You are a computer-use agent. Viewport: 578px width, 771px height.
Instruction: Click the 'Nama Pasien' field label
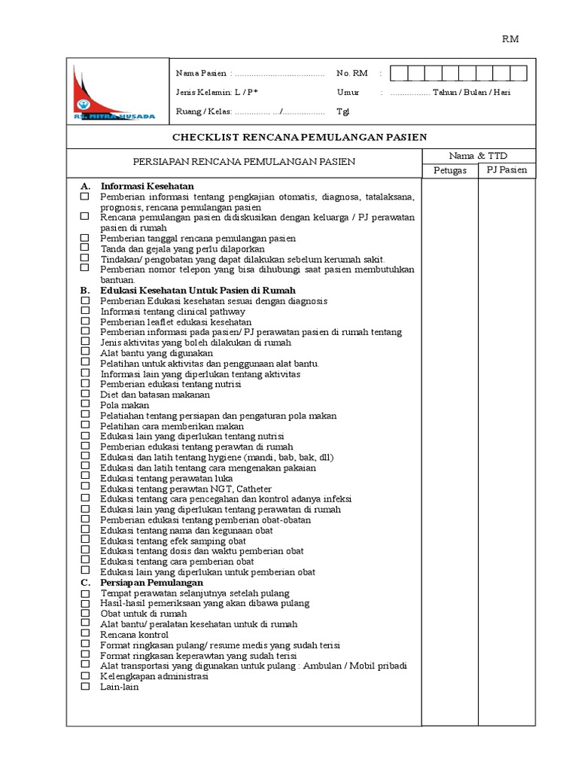pyautogui.click(x=202, y=74)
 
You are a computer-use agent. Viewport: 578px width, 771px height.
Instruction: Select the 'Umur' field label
pyautogui.click(x=348, y=93)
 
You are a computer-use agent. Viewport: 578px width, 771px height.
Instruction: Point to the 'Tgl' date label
pyautogui.click(x=343, y=111)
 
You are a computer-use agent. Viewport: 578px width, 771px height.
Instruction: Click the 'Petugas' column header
pyautogui.click(x=450, y=170)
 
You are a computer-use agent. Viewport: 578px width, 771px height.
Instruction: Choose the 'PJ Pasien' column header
pyautogui.click(x=507, y=170)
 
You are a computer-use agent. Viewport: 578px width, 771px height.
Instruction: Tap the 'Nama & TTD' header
pyautogui.click(x=478, y=156)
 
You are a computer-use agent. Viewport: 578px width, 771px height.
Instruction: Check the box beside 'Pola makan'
pyautogui.click(x=85, y=405)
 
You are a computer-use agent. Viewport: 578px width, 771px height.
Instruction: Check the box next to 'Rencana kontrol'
pyautogui.click(x=85, y=635)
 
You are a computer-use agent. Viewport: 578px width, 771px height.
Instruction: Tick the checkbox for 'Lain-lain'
pyautogui.click(x=85, y=687)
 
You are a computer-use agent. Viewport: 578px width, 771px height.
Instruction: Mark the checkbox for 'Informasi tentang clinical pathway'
pyautogui.click(x=85, y=311)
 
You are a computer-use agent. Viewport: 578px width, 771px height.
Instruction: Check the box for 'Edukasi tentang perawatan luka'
pyautogui.click(x=85, y=478)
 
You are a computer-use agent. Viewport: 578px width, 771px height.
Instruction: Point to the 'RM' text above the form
pyautogui.click(x=511, y=39)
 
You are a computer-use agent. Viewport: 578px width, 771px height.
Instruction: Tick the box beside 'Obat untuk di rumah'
pyautogui.click(x=85, y=614)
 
